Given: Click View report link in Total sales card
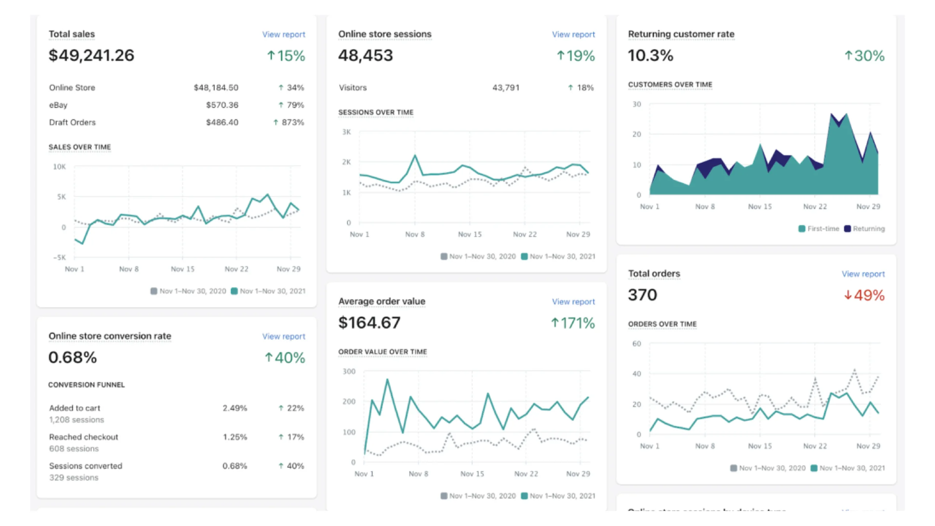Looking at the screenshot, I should tap(283, 34).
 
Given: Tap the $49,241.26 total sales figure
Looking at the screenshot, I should tap(91, 56).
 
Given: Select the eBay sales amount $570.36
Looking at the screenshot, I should tap(222, 105).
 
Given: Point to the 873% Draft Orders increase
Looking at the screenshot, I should tap(292, 122).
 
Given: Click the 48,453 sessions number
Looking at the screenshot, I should tap(365, 56).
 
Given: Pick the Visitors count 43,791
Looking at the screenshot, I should tap(505, 88).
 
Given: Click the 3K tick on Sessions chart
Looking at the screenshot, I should tap(346, 132).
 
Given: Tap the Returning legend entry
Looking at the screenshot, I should tap(869, 229).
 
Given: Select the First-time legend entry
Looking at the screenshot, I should tap(823, 229).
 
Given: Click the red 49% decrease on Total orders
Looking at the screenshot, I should tap(864, 295).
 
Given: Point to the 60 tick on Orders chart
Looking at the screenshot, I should tap(637, 344).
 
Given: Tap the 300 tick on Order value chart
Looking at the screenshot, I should tap(349, 371).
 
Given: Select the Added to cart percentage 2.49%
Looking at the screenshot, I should tap(235, 408).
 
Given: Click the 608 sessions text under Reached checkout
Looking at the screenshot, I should tap(74, 449).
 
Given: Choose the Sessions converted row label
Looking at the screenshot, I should tap(85, 466).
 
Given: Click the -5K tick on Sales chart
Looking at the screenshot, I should tap(60, 258).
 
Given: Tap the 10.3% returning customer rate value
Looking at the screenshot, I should tap(650, 56).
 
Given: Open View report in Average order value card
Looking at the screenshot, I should tap(573, 302).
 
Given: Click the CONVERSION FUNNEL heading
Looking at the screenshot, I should tap(86, 385).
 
